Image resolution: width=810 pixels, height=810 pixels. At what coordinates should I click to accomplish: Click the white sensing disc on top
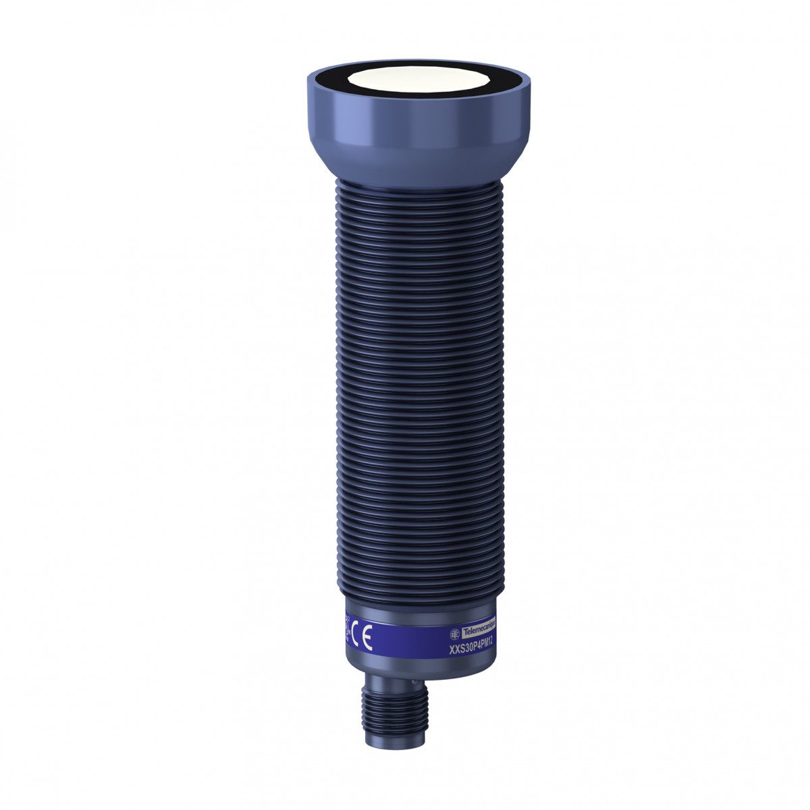pyautogui.click(x=418, y=85)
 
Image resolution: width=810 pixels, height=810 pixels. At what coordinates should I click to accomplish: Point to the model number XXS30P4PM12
pyautogui.click(x=472, y=649)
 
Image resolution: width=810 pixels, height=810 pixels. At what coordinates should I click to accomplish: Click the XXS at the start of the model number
pyautogui.click(x=456, y=651)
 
